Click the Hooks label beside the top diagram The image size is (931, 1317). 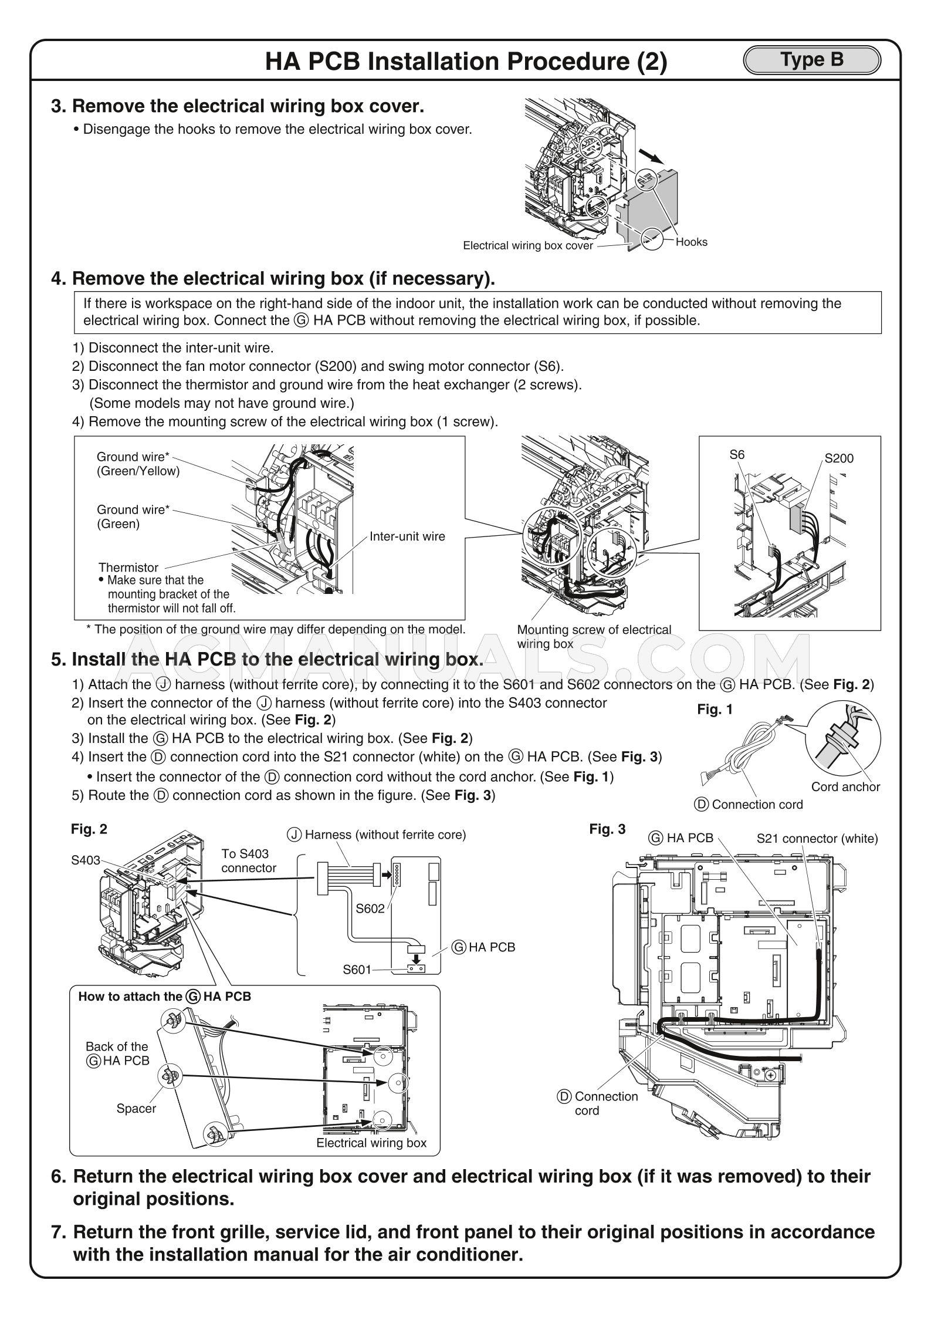point(691,242)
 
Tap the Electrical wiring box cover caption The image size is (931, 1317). point(527,245)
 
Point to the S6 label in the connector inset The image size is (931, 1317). point(737,454)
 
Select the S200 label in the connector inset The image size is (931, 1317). point(839,458)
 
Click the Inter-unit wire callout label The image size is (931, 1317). point(407,536)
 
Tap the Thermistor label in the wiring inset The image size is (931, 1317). point(128,567)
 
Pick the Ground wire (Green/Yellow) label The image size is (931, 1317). point(138,464)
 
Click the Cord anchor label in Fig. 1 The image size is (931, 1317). point(845,786)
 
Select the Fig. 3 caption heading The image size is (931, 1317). point(607,829)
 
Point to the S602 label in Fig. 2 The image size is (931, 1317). point(370,908)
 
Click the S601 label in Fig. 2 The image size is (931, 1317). point(357,969)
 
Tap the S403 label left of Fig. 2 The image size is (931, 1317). point(85,860)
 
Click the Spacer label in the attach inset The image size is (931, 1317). point(136,1108)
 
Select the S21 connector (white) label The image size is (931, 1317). point(817,838)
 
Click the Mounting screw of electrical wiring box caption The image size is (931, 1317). point(593,636)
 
